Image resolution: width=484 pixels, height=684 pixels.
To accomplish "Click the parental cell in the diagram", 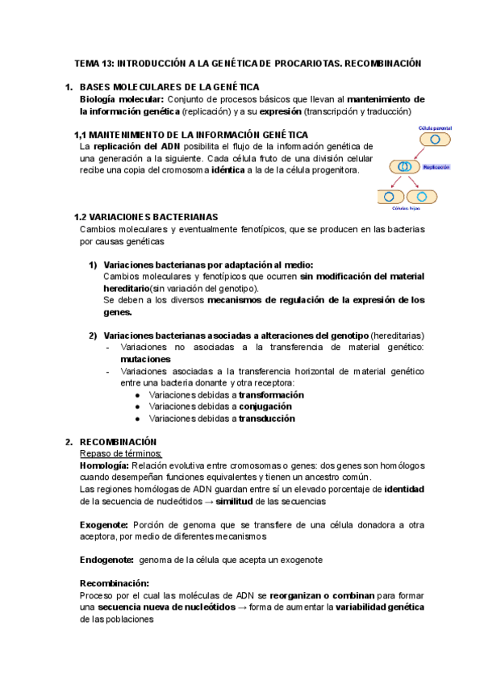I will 434,140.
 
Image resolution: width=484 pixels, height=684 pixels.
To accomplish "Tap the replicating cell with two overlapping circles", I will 402,168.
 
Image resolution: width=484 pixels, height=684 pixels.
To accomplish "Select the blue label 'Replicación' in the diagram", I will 436,167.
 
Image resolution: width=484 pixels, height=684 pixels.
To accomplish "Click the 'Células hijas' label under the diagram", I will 407,207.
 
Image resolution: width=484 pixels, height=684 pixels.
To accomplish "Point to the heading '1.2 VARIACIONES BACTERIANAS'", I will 144,217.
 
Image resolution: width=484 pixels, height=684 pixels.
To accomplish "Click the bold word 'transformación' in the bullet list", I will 271,395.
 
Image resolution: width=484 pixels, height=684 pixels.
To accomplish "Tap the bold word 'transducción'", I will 266,419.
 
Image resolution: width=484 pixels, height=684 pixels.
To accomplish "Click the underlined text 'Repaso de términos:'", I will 120,454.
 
